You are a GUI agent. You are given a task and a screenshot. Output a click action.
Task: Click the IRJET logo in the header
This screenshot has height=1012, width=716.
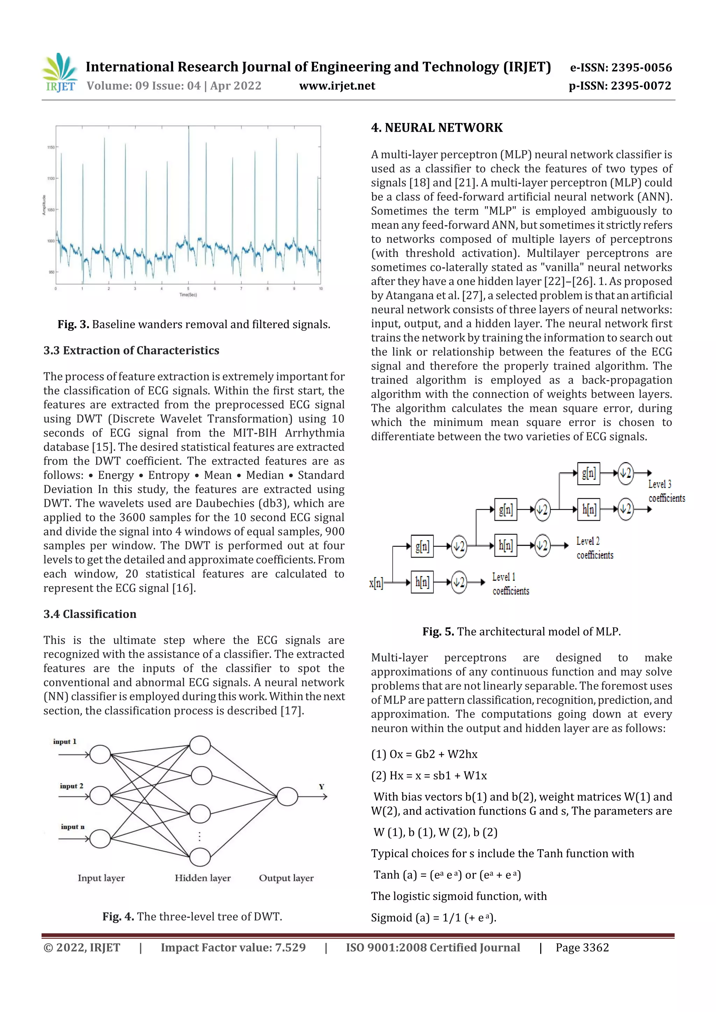click(x=59, y=73)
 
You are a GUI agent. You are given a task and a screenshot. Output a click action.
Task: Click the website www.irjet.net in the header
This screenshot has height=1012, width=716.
click(x=337, y=86)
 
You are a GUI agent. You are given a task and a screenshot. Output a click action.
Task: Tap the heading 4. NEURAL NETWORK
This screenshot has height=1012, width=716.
click(x=436, y=128)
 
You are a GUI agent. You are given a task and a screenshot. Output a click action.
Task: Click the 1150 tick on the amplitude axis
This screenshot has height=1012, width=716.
click(x=51, y=147)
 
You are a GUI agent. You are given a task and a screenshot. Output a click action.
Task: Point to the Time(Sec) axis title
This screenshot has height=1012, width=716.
click(x=188, y=294)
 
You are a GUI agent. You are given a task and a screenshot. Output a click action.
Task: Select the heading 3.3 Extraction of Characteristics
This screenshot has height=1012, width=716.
click(x=131, y=350)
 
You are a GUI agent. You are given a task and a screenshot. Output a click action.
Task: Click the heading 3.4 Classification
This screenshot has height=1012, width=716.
click(x=89, y=614)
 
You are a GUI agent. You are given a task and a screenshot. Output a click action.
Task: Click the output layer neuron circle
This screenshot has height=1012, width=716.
click(x=287, y=796)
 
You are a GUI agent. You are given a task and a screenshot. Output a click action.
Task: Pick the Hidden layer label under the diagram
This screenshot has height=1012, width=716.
click(x=202, y=878)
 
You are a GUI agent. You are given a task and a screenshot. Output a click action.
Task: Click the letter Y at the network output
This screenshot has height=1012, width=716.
click(x=322, y=787)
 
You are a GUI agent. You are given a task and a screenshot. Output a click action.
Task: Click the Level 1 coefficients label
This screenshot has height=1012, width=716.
click(x=510, y=584)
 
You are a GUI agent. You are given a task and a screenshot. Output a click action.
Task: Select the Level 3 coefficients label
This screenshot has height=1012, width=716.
click(x=666, y=491)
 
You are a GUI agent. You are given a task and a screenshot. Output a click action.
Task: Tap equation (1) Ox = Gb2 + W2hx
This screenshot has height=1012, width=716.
click(x=424, y=754)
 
